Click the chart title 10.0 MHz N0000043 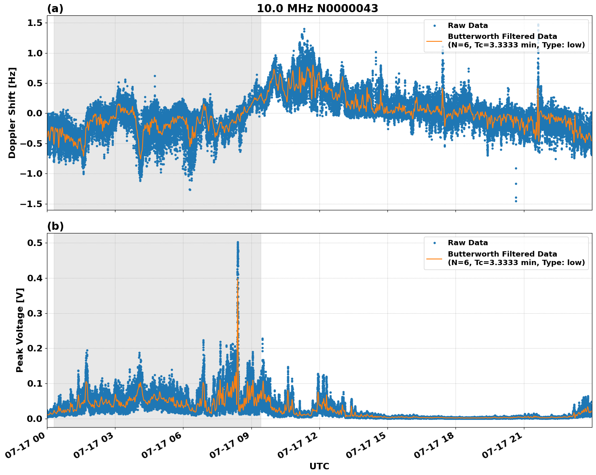click(x=317, y=9)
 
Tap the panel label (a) click(x=55, y=9)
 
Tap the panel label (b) click(x=55, y=226)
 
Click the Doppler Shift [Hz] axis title click(x=12, y=113)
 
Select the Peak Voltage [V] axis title click(x=20, y=330)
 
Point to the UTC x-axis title click(x=319, y=466)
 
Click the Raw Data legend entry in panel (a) click(x=468, y=26)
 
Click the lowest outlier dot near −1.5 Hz click(x=516, y=201)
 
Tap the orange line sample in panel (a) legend click(x=434, y=41)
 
